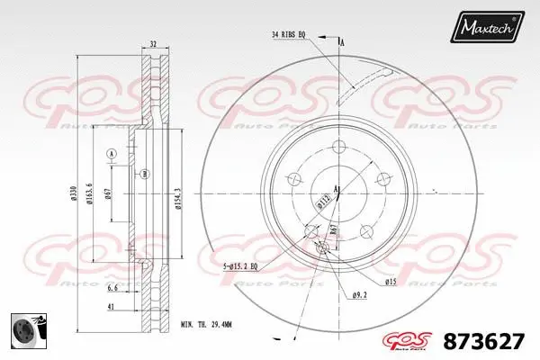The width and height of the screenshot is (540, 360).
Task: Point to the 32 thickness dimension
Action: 153,42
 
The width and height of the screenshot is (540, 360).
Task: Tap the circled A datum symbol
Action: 111,155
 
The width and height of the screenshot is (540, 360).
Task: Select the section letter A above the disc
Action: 342,41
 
